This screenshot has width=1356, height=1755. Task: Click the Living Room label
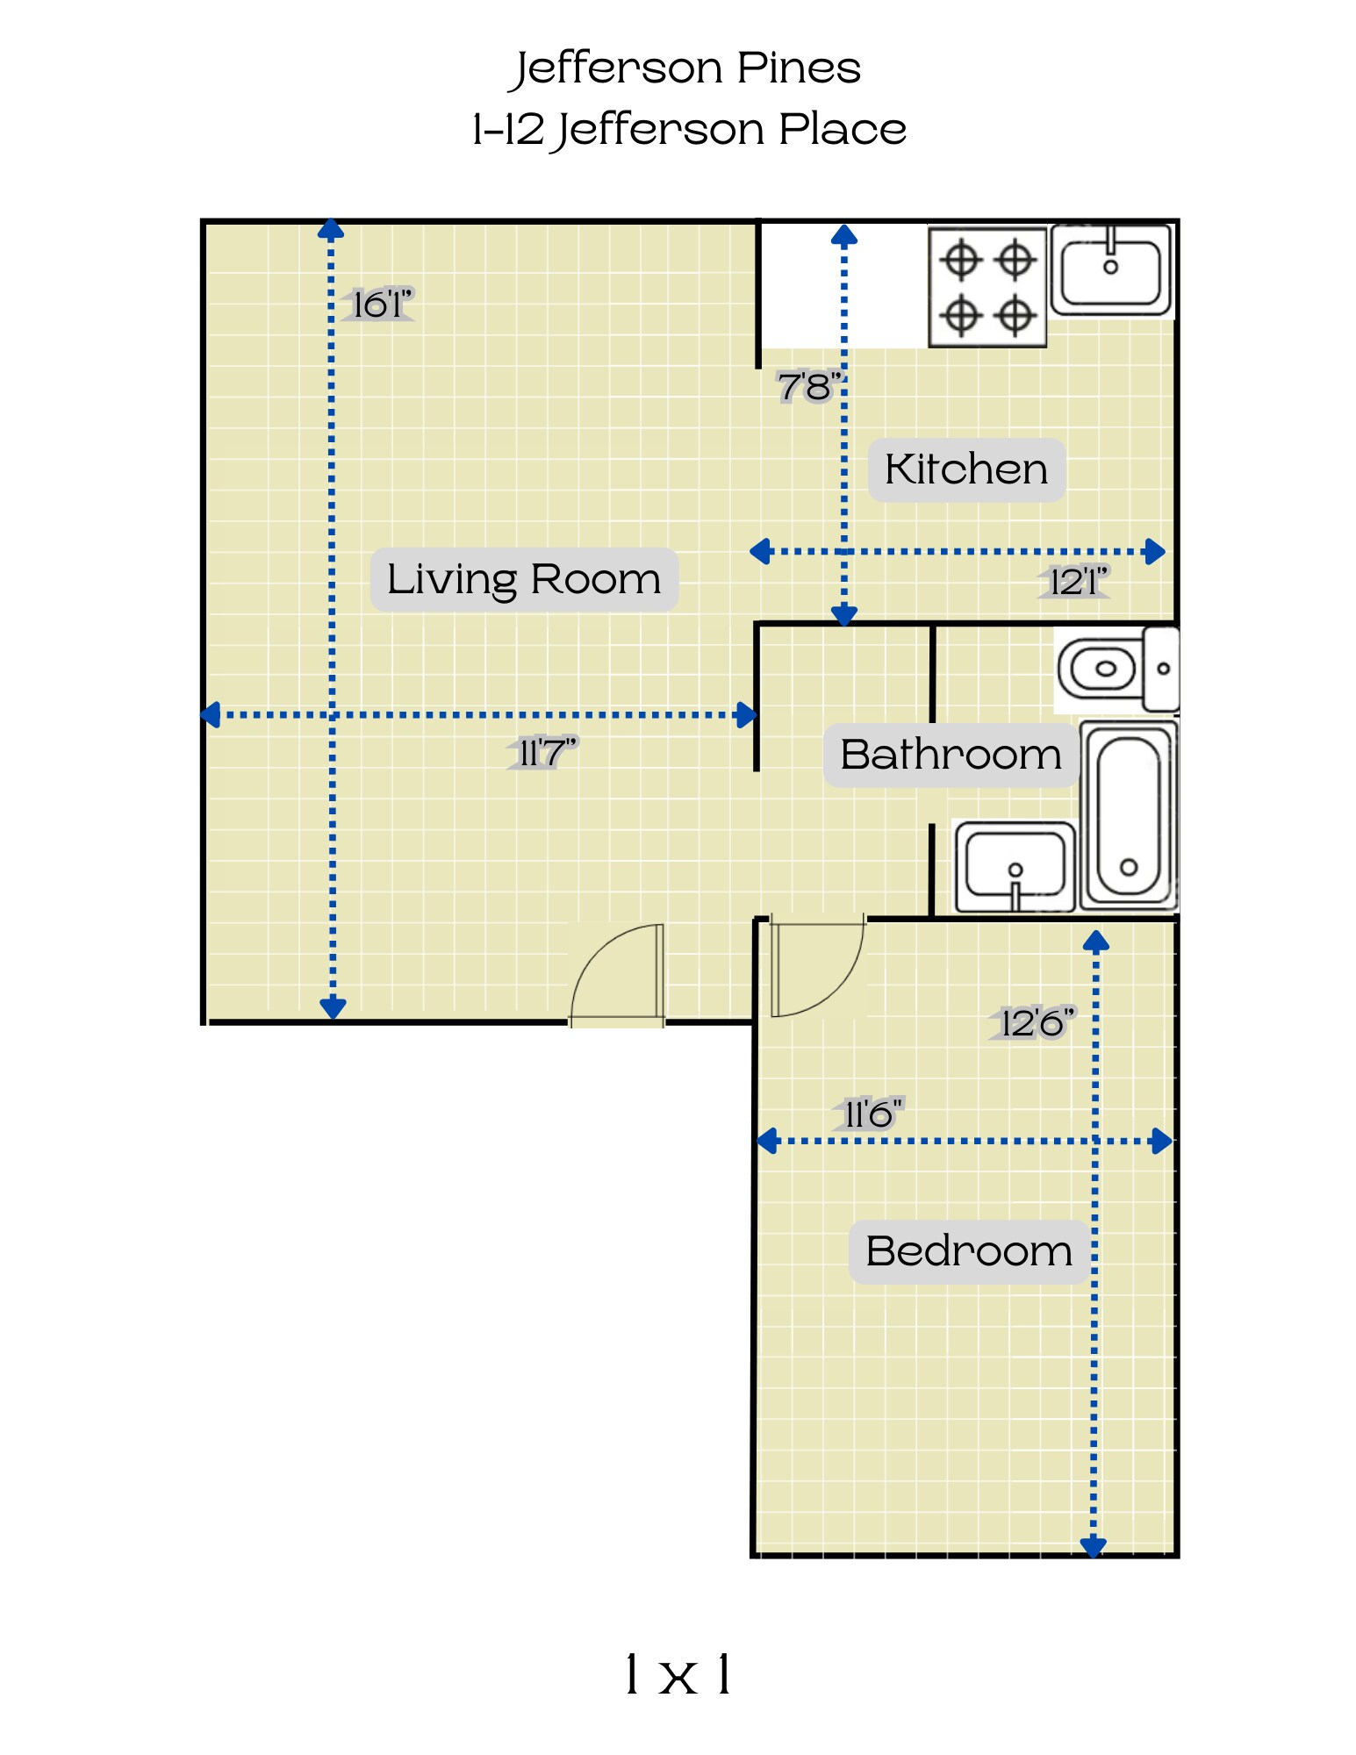(524, 579)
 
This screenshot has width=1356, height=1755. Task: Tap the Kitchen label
(966, 469)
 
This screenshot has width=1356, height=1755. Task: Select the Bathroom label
(951, 755)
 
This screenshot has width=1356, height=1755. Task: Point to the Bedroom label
(969, 1251)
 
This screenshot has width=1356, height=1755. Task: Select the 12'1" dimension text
(1079, 581)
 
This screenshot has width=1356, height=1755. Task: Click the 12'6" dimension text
(1037, 1022)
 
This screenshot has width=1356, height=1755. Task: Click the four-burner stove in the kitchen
(987, 287)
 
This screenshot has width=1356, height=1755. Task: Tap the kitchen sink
(1111, 269)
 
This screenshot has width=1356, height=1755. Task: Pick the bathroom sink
(1015, 867)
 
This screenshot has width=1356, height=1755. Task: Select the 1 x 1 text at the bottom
(678, 1674)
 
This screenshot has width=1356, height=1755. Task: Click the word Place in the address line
(843, 130)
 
